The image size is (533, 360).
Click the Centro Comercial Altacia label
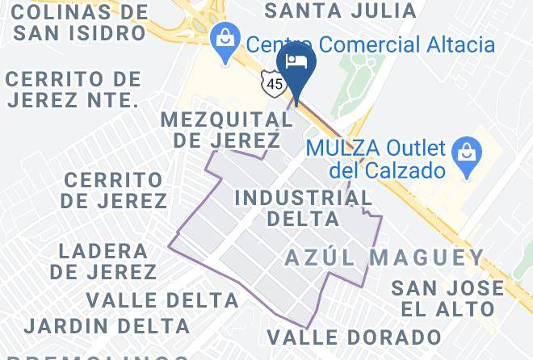pyautogui.click(x=370, y=44)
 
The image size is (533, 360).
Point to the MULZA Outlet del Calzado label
pyautogui.click(x=376, y=160)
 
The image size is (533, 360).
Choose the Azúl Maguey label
pyautogui.click(x=384, y=257)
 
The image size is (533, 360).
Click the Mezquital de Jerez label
pyautogui.click(x=226, y=129)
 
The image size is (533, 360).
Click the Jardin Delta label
pyautogui.click(x=107, y=327)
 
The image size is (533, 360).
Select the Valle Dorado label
pyautogui.click(x=354, y=337)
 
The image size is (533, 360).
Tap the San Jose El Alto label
pyautogui.click(x=447, y=298)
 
